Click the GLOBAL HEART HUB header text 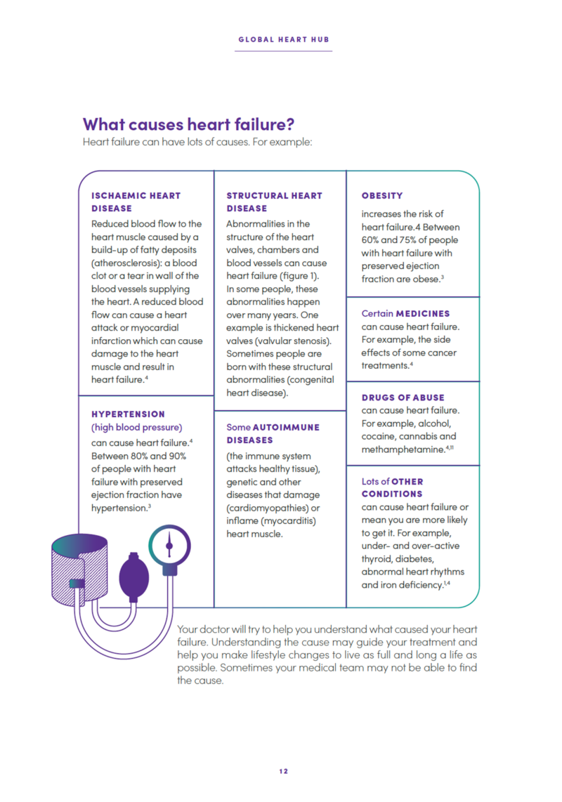click(x=284, y=39)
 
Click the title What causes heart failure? click(x=188, y=124)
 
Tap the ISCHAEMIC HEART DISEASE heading click(x=136, y=202)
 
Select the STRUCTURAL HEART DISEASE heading click(x=274, y=202)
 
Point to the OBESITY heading click(x=382, y=195)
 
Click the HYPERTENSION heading click(x=129, y=414)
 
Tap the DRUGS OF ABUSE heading click(x=403, y=397)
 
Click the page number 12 click(x=283, y=770)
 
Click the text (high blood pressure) click(x=137, y=427)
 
